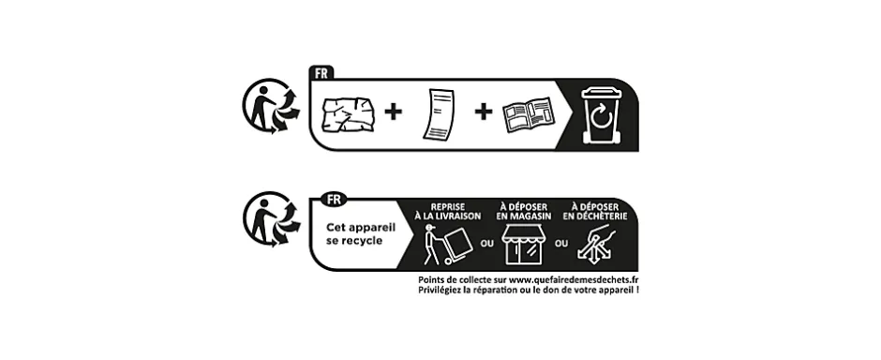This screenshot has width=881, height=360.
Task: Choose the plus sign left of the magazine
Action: point(483,112)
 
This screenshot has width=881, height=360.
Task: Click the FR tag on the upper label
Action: point(321,72)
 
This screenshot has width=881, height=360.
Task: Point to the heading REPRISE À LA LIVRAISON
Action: point(455,211)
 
